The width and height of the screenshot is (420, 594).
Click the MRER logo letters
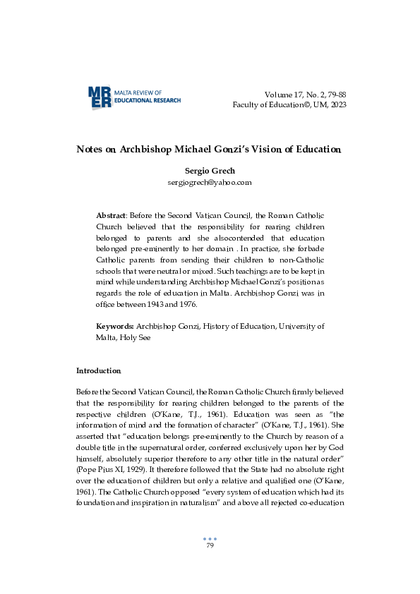pyautogui.click(x=100, y=97)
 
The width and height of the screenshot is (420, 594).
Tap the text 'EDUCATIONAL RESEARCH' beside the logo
pyautogui.click(x=148, y=101)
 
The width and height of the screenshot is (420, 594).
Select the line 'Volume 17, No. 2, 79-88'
pyautogui.click(x=305, y=95)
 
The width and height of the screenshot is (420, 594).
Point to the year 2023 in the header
pyautogui.click(x=337, y=104)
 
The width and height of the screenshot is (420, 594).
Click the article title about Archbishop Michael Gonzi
pyautogui.click(x=210, y=150)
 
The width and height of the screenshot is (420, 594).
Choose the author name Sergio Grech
pyautogui.click(x=210, y=171)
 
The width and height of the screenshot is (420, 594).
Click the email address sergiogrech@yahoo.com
pyautogui.click(x=210, y=182)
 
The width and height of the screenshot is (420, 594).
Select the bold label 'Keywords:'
pyautogui.click(x=115, y=327)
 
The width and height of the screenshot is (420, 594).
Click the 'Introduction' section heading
pyautogui.click(x=99, y=370)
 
